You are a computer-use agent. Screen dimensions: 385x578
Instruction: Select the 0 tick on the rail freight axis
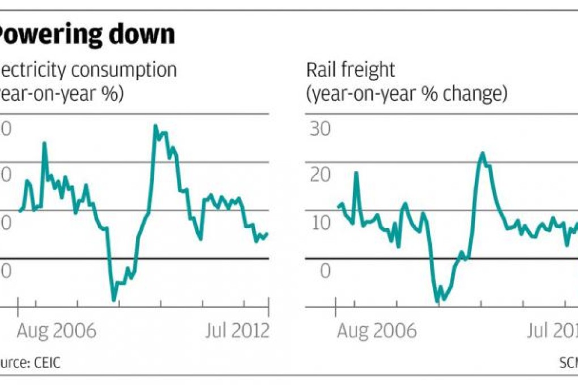(324, 271)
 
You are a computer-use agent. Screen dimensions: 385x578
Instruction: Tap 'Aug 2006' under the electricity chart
(57, 331)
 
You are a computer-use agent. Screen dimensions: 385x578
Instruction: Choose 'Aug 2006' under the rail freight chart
(377, 331)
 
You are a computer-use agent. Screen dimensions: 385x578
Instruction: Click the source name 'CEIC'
(44, 363)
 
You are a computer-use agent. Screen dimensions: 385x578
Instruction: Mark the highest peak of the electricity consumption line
(155, 126)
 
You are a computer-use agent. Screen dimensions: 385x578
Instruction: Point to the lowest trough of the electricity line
(113, 300)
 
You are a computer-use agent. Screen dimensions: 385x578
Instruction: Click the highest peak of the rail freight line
(482, 153)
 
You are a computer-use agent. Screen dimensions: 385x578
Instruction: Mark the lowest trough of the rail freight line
(441, 300)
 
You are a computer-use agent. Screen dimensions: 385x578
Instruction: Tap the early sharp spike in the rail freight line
(356, 172)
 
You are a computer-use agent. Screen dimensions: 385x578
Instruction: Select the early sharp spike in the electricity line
(44, 143)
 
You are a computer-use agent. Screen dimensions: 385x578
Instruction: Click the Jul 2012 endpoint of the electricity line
(267, 233)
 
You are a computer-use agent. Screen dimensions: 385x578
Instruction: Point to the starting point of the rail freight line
(338, 207)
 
